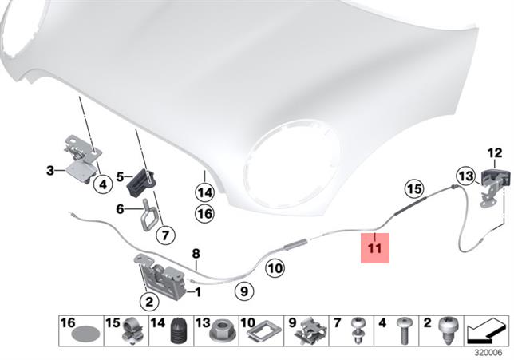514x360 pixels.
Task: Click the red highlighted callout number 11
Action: point(375,248)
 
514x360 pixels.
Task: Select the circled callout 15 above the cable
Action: point(413,189)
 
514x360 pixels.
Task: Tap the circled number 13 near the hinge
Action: point(466,176)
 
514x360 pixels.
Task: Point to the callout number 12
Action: point(495,153)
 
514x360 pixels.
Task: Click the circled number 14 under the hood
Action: point(204,193)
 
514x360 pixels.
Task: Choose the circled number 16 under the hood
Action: point(204,214)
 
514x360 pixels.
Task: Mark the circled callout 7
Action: point(165,235)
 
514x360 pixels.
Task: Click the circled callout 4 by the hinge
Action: point(103,184)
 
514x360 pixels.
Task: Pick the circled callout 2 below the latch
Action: point(149,301)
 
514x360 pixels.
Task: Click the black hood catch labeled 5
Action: point(141,183)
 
